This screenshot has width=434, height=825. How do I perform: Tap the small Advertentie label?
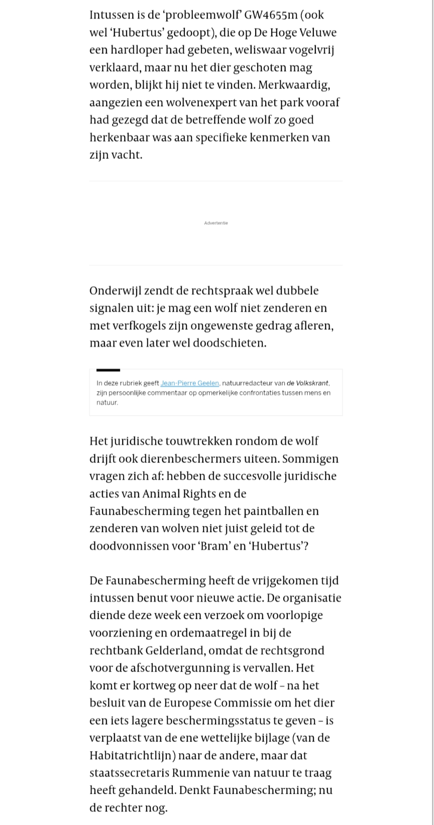216,223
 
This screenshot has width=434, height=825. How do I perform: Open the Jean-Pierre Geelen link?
189,383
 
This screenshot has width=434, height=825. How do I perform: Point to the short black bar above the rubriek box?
108,370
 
